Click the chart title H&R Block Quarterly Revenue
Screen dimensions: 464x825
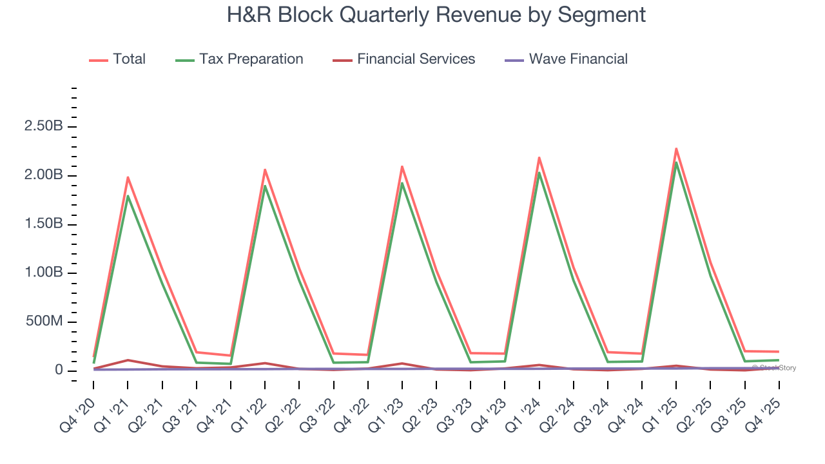[x=436, y=14]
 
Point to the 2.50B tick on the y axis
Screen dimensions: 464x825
[x=44, y=126]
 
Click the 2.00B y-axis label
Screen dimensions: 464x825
[x=44, y=175]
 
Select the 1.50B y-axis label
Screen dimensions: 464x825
[x=44, y=224]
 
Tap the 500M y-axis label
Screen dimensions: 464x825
[x=44, y=322]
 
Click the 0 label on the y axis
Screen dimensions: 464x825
[x=59, y=371]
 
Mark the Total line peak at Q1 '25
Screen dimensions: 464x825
[x=676, y=149]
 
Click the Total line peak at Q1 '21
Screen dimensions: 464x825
[x=128, y=177]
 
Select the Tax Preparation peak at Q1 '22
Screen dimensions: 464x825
[x=265, y=186]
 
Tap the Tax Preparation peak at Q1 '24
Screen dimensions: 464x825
[x=539, y=173]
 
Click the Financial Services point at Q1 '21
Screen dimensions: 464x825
[x=128, y=360]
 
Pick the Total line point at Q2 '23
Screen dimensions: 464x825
[x=436, y=271]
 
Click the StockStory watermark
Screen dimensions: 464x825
[x=774, y=368]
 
